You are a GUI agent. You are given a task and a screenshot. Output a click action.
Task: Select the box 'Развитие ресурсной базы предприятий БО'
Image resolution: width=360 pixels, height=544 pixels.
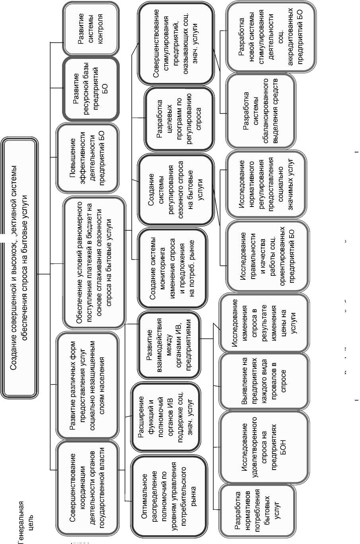click(91, 89)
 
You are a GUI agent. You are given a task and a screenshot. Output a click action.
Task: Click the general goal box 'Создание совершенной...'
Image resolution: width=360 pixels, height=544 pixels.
click(20, 267)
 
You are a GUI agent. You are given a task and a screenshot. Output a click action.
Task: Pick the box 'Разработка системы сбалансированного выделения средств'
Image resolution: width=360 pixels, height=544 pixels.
click(261, 111)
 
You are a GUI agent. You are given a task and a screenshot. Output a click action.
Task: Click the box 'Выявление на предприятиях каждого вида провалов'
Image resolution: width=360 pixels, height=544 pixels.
click(264, 381)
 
